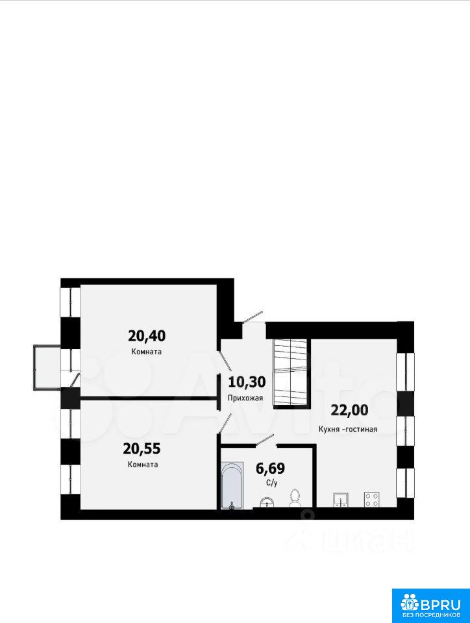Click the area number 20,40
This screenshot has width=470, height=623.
(147, 336)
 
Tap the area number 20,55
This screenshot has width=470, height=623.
(142, 449)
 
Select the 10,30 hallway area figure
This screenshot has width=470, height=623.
(247, 382)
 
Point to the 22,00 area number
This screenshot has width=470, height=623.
(350, 410)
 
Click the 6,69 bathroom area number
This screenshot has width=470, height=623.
(270, 469)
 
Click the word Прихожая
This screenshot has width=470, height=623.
(245, 398)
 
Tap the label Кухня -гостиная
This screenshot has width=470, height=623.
(348, 429)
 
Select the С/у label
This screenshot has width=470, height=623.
(271, 483)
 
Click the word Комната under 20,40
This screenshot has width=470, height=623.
(146, 352)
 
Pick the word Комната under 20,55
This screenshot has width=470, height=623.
(143, 465)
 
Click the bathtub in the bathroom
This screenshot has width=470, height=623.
(232, 485)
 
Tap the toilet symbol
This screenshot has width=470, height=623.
(294, 498)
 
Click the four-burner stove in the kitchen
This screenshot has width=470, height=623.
(371, 500)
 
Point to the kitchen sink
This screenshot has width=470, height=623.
(341, 500)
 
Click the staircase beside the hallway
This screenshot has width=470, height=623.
(291, 373)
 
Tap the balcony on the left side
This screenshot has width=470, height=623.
(47, 367)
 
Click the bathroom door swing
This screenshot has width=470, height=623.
(265, 440)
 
